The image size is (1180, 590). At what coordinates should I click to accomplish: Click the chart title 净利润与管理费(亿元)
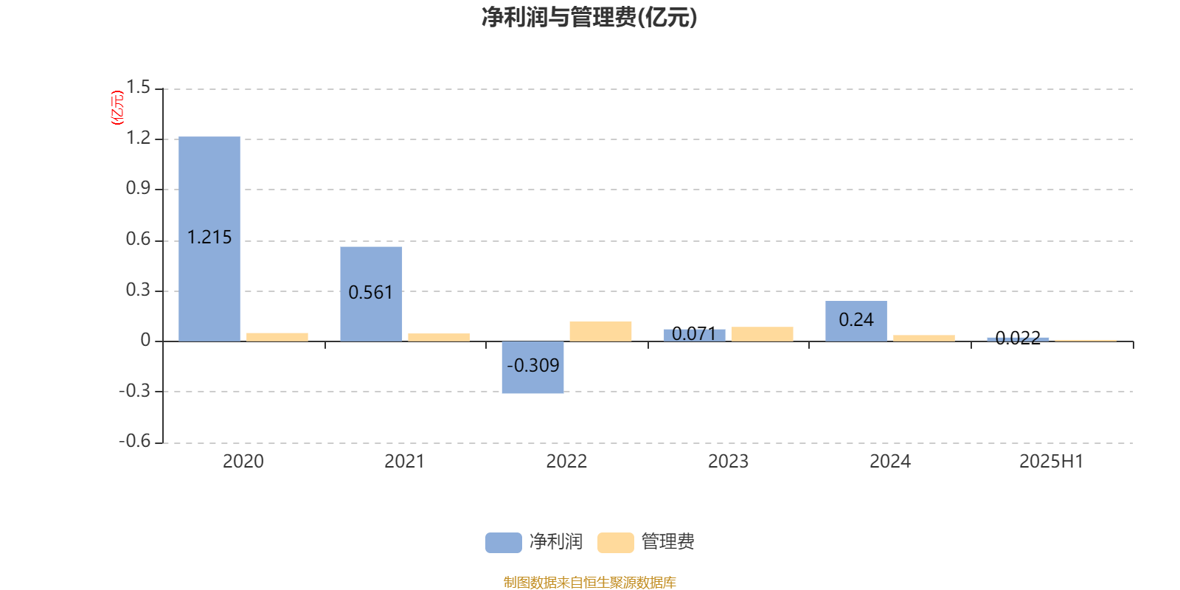point(589,18)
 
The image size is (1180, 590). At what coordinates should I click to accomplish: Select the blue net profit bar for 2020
point(209,239)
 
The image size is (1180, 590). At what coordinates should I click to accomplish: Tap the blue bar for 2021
point(371,294)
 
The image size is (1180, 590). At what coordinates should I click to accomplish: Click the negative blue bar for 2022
point(532,367)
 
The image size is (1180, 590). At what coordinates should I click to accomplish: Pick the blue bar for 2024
point(856,322)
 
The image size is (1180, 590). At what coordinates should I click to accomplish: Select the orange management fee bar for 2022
point(600,331)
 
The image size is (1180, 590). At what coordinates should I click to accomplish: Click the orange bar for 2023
point(763,334)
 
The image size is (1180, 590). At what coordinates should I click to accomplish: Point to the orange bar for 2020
point(277,337)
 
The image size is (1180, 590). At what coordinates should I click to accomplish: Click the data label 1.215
point(209,237)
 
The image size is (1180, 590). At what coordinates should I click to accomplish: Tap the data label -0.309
point(532,366)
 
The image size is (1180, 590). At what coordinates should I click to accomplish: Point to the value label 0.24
point(856,320)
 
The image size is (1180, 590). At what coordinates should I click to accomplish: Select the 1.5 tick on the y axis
point(138,88)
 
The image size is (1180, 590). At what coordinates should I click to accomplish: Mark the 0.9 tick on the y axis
point(138,189)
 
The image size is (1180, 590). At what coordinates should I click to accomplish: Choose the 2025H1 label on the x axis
point(1052,462)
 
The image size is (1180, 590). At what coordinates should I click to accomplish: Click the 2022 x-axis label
point(566,462)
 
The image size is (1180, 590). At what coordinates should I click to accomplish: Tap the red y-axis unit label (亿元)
point(117,108)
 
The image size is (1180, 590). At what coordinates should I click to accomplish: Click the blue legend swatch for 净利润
point(503,543)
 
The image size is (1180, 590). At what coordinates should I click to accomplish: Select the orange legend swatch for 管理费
point(615,543)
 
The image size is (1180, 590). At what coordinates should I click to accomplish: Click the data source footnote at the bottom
point(589,582)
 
